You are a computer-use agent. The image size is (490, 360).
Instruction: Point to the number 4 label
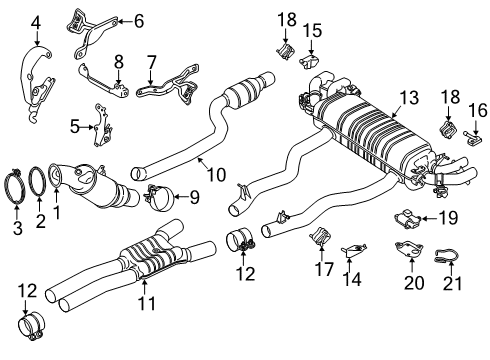[36, 21]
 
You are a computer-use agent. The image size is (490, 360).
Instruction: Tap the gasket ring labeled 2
[37, 184]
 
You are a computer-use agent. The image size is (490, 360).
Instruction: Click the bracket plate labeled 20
[409, 256]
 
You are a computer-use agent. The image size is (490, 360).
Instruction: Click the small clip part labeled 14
[349, 248]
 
